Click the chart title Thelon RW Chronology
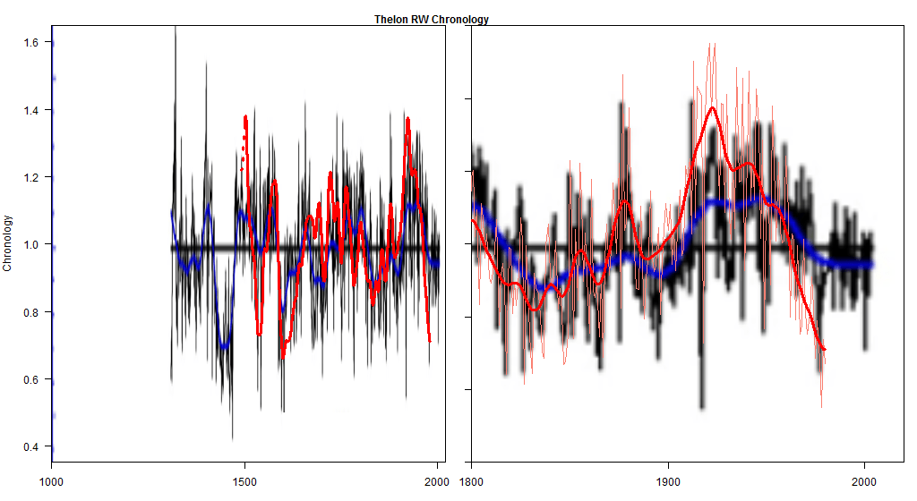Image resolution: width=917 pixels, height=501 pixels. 432,19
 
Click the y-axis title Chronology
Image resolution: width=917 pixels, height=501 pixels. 8,243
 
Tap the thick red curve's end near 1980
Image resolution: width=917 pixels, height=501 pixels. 823,349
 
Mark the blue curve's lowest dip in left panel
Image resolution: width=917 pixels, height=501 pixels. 224,345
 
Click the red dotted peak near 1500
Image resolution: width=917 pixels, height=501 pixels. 245,117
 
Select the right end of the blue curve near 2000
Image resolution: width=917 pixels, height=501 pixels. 870,264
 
